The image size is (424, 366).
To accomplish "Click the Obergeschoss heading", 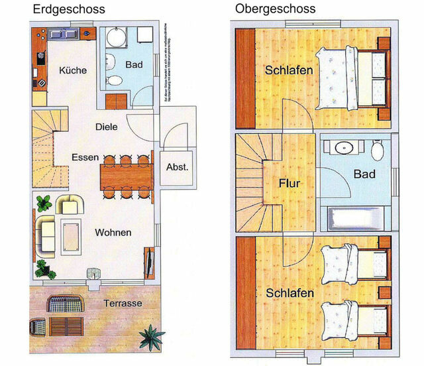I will (274, 9).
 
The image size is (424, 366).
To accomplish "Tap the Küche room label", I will (73, 70).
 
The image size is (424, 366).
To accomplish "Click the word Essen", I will (86, 157).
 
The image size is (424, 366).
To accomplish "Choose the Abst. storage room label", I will (178, 167).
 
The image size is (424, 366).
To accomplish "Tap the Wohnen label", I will (113, 233).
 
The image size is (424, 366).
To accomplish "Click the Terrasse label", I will (123, 303).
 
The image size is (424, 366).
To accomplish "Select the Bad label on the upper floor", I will (365, 174).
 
